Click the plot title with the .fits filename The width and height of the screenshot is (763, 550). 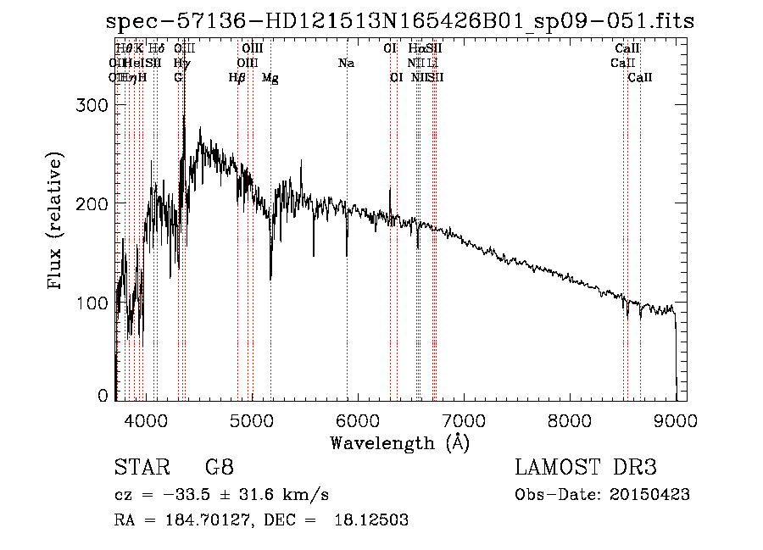pyautogui.click(x=399, y=20)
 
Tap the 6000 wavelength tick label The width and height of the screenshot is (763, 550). pyautogui.click(x=358, y=419)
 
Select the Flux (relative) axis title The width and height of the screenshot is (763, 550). pyautogui.click(x=57, y=222)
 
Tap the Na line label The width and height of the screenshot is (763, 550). pyautogui.click(x=346, y=63)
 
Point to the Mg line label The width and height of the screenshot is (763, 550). pyautogui.click(x=270, y=78)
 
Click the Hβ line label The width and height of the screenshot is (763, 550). pyautogui.click(x=237, y=78)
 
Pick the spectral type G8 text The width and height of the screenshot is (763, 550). pyautogui.click(x=220, y=468)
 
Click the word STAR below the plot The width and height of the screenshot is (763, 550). pyautogui.click(x=141, y=468)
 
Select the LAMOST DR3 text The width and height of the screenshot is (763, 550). pyautogui.click(x=586, y=468)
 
